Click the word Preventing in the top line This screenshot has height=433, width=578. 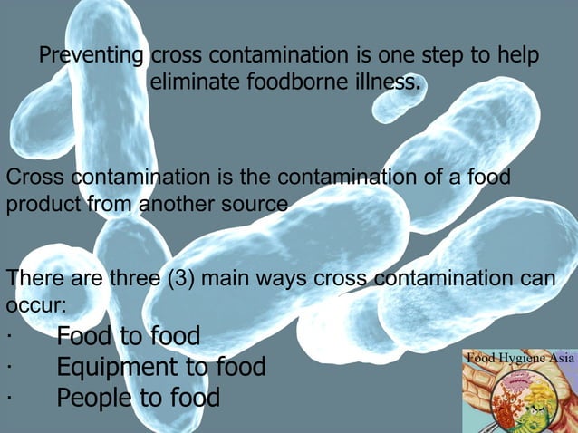pyautogui.click(x=89, y=56)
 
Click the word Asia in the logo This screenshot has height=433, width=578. pyautogui.click(x=559, y=356)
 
